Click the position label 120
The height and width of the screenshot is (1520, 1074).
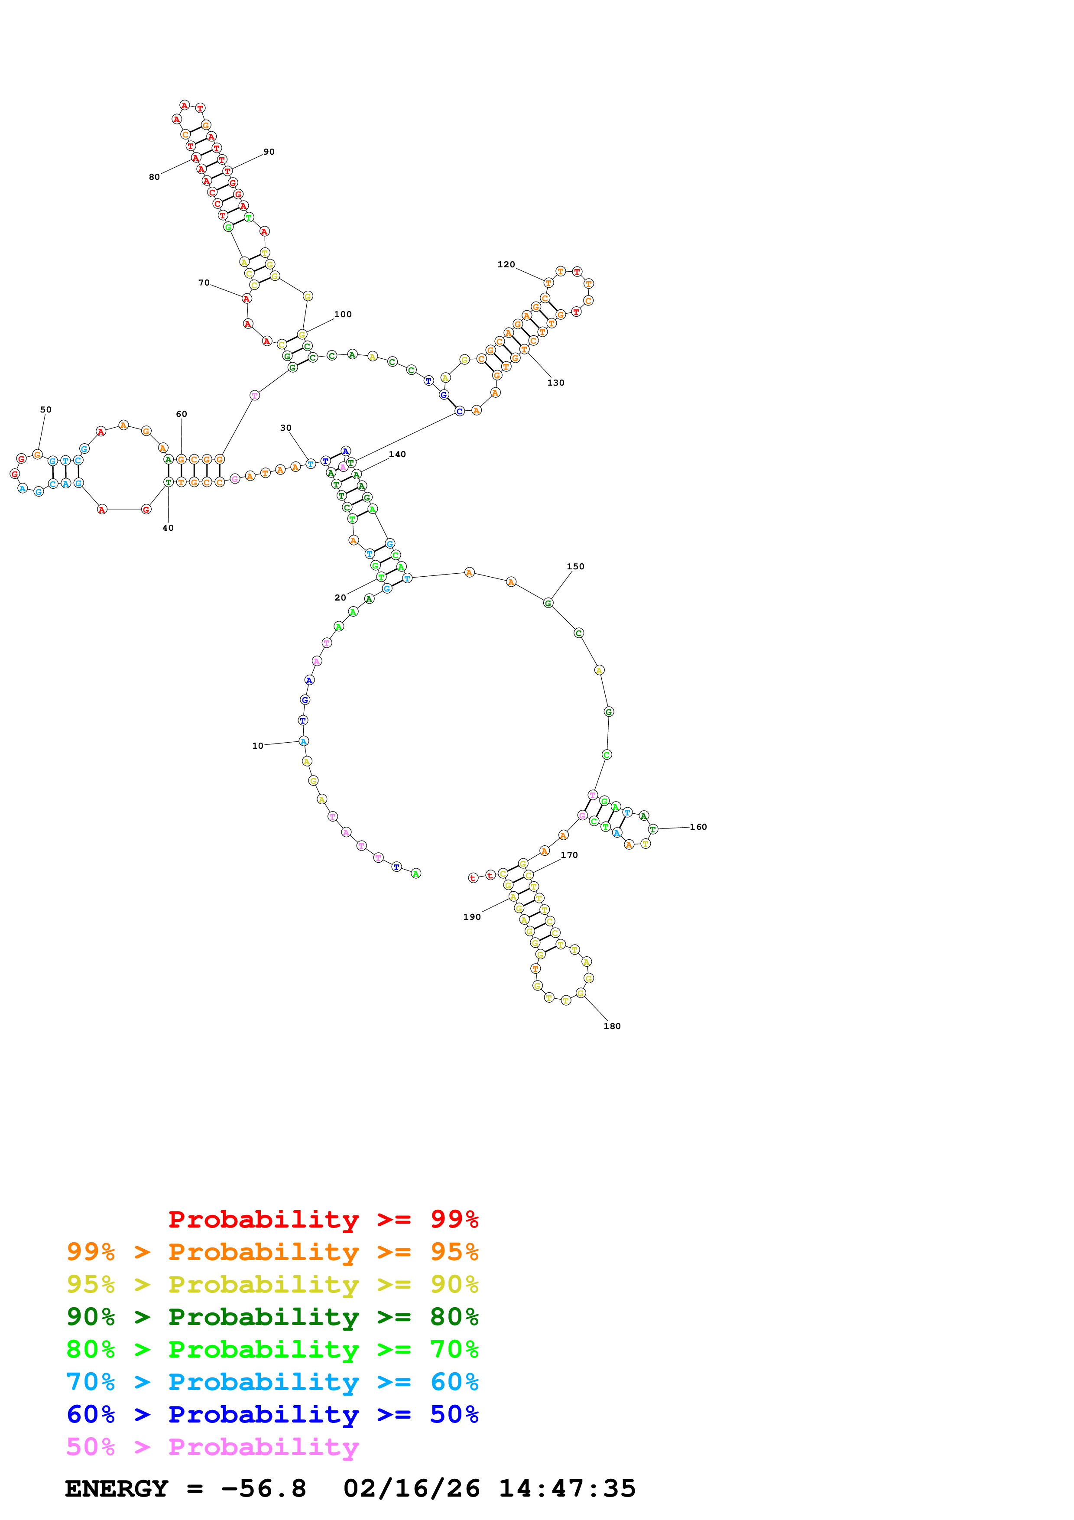506,265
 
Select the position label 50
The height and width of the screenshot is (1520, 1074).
45,410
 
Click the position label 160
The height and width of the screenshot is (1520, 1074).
698,827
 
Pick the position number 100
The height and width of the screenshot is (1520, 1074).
343,315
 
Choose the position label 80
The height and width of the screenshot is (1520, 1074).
154,177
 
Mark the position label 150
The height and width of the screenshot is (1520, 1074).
575,567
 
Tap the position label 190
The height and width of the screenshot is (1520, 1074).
472,917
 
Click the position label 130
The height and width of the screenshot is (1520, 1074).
556,383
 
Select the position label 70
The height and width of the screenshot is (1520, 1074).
204,283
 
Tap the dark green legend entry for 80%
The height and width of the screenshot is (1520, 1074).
272,1317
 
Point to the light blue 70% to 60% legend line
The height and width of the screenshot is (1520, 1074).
272,1382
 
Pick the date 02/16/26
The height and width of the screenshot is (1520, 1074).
411,1488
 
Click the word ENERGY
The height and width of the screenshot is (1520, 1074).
117,1488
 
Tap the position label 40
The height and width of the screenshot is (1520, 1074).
168,528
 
